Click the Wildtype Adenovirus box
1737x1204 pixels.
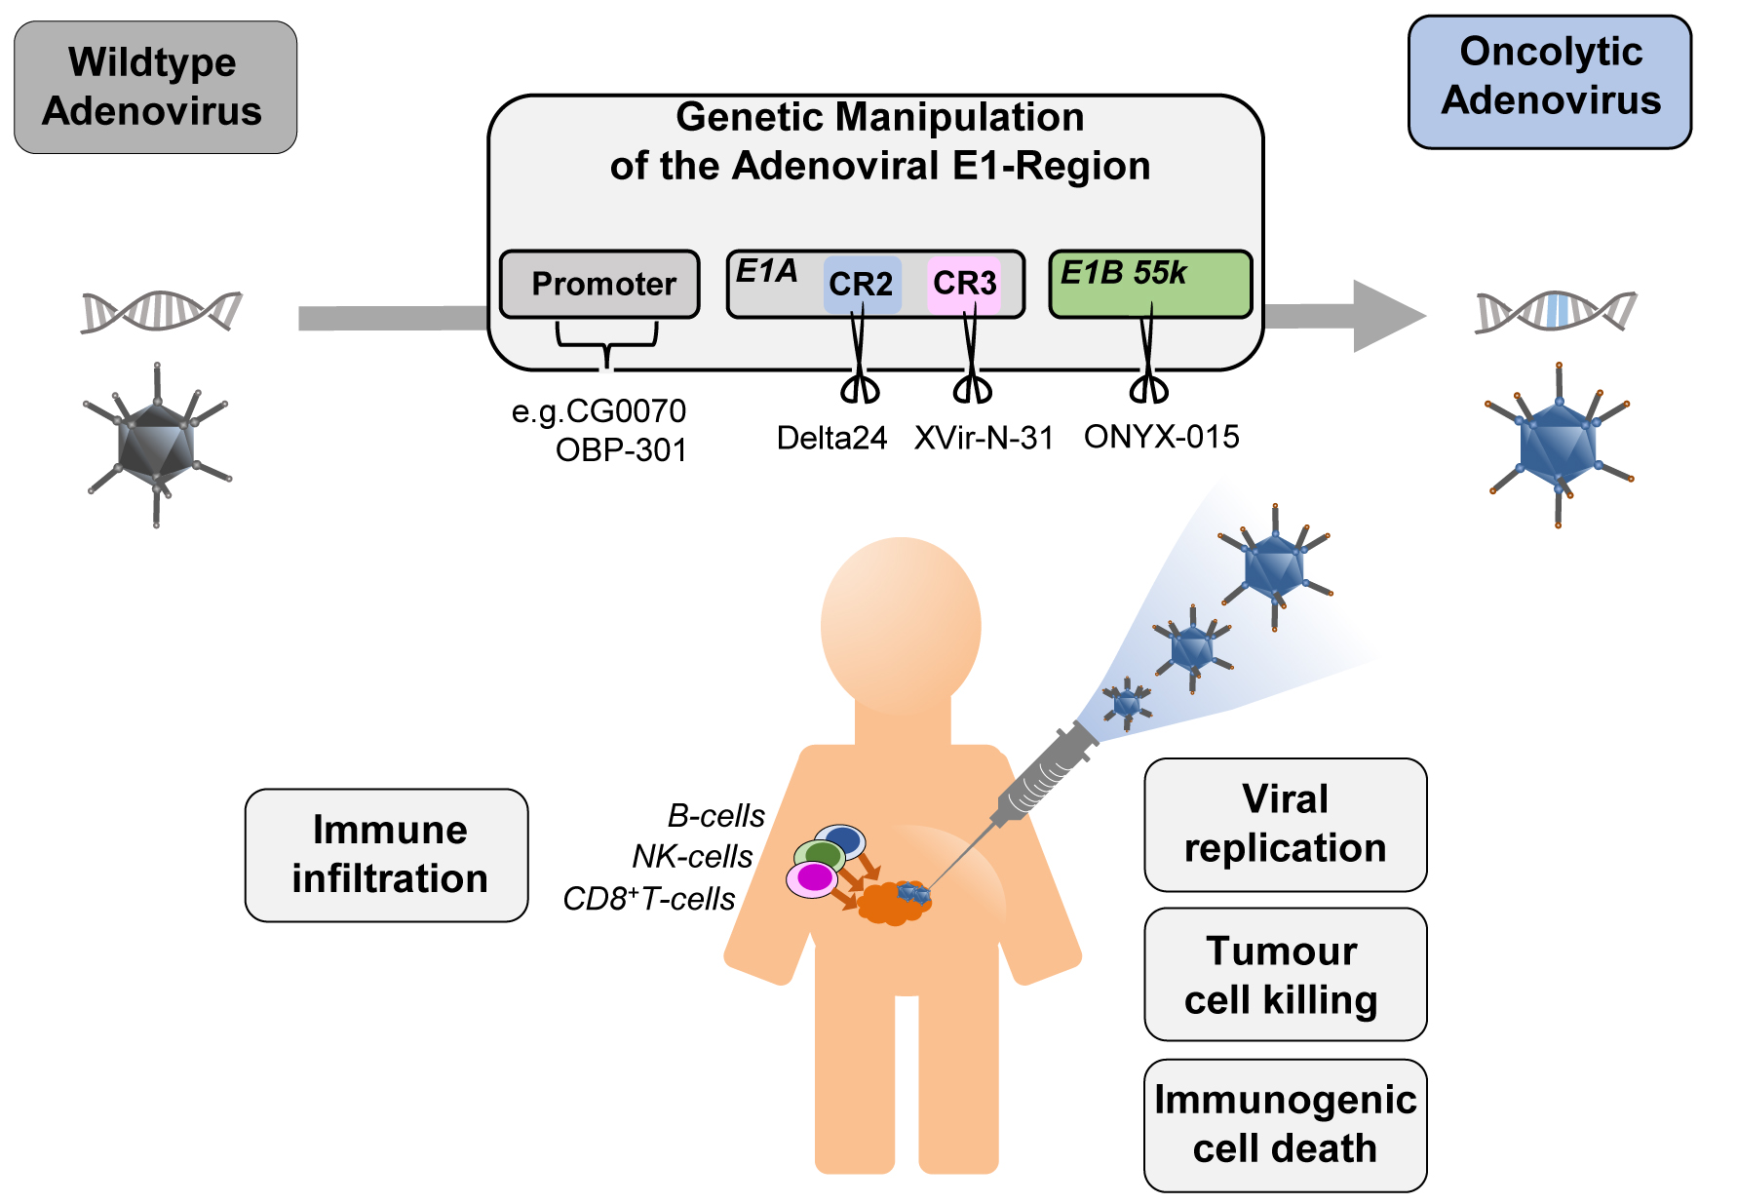[155, 87]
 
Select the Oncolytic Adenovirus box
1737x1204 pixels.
[1549, 81]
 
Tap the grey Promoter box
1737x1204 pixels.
[599, 284]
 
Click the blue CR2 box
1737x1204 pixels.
[862, 284]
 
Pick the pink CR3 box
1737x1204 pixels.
[964, 284]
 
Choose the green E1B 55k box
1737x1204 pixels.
[1150, 284]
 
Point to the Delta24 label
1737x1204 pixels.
[831, 438]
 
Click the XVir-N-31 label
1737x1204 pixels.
[984, 438]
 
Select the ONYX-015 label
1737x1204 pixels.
[1161, 437]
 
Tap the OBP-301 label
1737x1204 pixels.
[621, 450]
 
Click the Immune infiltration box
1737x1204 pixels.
[387, 855]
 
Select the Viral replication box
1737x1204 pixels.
[1285, 824]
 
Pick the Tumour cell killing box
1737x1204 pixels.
[1285, 975]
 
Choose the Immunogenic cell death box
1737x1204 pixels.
[1285, 1125]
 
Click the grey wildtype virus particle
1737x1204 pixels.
[157, 444]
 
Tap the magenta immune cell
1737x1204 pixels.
[812, 879]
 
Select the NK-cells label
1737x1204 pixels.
[692, 857]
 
